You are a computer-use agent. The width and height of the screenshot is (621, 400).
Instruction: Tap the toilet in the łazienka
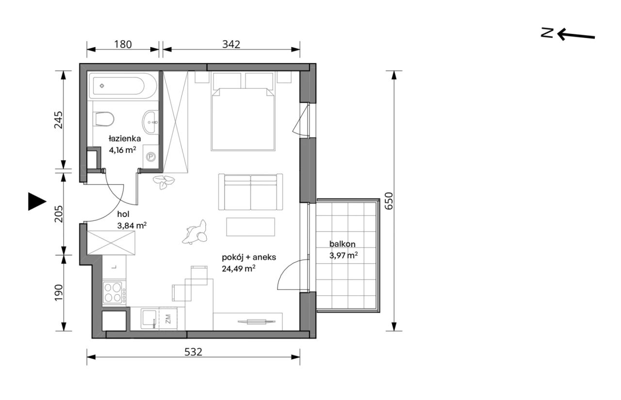104,119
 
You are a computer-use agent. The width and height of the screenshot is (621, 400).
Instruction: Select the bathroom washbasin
150,122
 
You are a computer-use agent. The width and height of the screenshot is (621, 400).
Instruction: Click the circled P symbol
151,157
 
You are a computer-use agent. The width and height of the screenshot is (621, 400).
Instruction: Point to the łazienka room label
125,138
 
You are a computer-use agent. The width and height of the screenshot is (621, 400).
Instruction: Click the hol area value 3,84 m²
131,226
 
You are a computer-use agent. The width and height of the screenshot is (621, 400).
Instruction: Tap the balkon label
342,244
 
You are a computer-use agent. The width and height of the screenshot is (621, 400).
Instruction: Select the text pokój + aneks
249,257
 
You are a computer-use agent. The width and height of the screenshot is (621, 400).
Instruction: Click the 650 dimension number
389,201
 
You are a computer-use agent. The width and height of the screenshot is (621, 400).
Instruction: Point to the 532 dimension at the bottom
193,352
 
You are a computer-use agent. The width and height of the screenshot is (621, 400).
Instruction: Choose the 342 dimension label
231,44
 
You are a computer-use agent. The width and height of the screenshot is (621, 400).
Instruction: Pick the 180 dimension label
123,44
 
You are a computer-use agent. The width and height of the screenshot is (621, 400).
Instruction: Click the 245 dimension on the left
59,120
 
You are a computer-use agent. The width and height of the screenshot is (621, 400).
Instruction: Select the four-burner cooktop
114,292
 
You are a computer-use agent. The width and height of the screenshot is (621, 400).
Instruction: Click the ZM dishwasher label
168,319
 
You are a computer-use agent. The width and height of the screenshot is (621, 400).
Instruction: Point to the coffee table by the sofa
250,227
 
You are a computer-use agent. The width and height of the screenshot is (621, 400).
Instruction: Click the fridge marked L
114,267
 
